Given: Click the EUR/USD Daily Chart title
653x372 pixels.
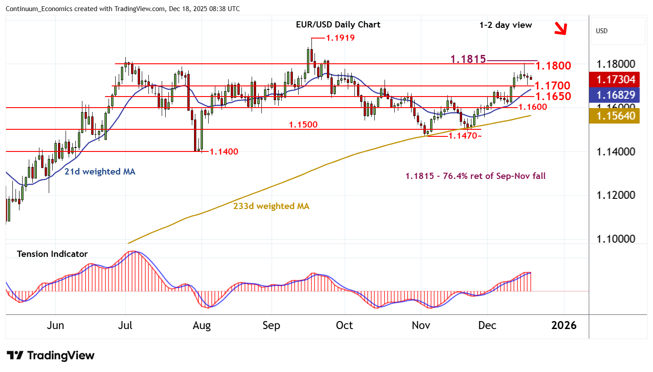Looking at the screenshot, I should coord(338,25).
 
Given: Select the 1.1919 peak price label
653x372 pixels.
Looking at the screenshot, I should coord(340,38).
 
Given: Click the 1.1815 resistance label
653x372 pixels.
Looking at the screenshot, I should coord(468,59).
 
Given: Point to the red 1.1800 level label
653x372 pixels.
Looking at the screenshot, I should coord(553,66).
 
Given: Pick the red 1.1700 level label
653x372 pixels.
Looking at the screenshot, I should coord(552,85).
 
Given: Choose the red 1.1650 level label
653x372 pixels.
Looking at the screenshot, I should coord(553,96).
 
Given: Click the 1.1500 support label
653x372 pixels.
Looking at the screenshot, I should coord(303,125).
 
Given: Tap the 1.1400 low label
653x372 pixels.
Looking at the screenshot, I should coord(224,152).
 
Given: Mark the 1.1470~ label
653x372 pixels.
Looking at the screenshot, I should coord(465,136).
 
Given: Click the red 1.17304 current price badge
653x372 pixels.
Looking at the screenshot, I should coord(616,80).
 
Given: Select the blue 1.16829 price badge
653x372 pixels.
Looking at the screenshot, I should coord(616,95).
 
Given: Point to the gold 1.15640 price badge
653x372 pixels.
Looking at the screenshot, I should coord(616,116).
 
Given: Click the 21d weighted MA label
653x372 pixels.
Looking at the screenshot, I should coord(100,172).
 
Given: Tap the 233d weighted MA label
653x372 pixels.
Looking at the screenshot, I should coord(271,206).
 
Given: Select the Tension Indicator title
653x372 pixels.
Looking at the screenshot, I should coord(52,254).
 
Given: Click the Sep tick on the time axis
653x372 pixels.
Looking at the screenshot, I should coord(271,325).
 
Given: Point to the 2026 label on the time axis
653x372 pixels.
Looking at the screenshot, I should coord(564,325).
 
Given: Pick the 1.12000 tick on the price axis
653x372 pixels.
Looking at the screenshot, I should coord(616,195).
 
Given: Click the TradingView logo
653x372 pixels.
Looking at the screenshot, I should coord(51,356).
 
